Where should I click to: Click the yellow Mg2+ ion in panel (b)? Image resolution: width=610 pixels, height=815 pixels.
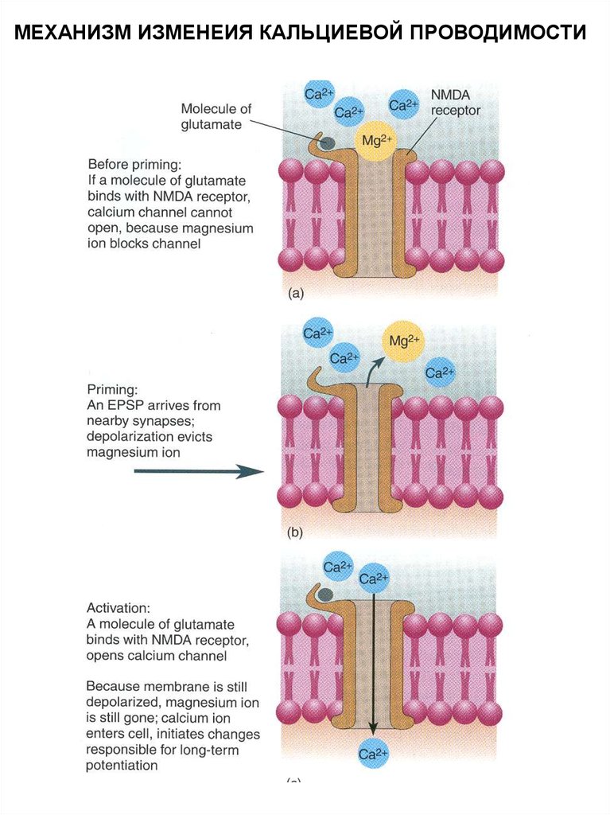coord(404,342)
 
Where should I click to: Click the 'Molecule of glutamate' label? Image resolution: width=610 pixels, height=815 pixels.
coord(212,116)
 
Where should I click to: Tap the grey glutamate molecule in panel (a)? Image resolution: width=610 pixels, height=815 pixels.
coord(327,142)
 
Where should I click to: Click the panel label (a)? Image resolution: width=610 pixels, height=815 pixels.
coord(295,293)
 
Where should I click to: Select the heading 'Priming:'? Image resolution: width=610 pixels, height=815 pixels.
coord(112,390)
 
